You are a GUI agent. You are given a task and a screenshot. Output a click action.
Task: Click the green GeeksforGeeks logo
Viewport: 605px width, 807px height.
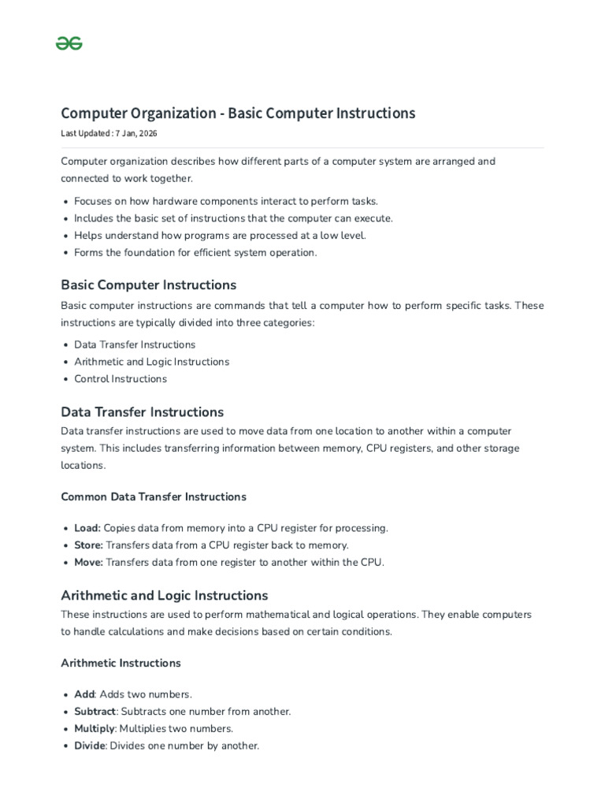pyautogui.click(x=69, y=43)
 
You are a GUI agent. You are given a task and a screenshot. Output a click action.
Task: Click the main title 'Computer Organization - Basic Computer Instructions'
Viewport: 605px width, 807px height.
pyautogui.click(x=238, y=113)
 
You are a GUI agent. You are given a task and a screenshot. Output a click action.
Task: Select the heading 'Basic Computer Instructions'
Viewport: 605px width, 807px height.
pyautogui.click(x=148, y=284)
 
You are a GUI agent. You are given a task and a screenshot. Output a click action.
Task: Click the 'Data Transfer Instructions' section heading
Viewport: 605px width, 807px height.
pyautogui.click(x=142, y=412)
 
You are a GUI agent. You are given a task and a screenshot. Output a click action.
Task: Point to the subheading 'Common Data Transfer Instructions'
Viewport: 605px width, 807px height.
pyautogui.click(x=154, y=496)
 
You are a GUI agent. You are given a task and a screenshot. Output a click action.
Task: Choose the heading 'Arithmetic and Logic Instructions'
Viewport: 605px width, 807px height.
pyautogui.click(x=164, y=595)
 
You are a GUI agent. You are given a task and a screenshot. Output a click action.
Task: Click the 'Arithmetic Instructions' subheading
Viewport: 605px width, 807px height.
pyautogui.click(x=121, y=663)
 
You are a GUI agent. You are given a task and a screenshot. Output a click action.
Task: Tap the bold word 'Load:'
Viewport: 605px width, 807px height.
pyautogui.click(x=87, y=528)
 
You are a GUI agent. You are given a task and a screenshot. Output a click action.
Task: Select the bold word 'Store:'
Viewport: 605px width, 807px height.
pyautogui.click(x=88, y=545)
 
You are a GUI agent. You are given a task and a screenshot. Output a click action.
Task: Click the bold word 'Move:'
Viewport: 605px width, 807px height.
pyautogui.click(x=88, y=562)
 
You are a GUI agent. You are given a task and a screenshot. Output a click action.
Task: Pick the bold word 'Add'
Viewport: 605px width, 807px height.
pyautogui.click(x=84, y=694)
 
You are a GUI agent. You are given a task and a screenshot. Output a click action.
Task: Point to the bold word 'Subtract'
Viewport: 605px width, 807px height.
pyautogui.click(x=95, y=712)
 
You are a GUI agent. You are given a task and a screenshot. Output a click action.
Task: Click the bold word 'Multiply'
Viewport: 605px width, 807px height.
pyautogui.click(x=95, y=728)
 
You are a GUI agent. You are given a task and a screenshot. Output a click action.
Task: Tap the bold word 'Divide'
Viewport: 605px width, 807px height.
pyautogui.click(x=90, y=746)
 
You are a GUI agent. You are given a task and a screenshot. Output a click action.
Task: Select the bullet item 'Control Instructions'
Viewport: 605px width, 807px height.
pyautogui.click(x=121, y=379)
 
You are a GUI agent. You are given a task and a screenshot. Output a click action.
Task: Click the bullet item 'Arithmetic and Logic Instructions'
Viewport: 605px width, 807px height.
pyautogui.click(x=151, y=362)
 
